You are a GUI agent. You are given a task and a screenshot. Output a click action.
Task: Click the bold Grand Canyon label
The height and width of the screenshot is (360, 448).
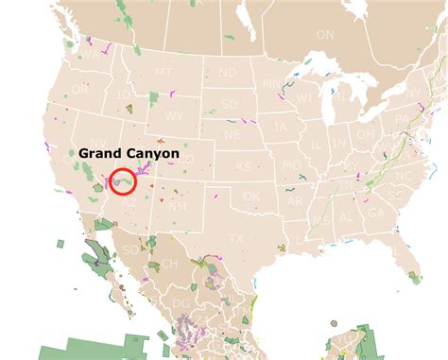[x=129, y=152]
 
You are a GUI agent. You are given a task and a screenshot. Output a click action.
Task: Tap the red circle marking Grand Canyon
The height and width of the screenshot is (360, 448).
[x=123, y=180]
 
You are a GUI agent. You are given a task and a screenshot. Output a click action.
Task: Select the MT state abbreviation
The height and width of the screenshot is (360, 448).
[x=164, y=72]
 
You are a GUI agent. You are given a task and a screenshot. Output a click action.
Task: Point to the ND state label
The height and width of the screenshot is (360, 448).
[x=228, y=73]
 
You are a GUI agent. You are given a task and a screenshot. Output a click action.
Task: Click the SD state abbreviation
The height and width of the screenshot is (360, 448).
[x=230, y=104]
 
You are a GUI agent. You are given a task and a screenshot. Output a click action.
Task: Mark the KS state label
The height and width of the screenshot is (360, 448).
[x=244, y=166]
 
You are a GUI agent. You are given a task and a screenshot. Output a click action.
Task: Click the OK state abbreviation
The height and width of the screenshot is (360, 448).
[x=251, y=196]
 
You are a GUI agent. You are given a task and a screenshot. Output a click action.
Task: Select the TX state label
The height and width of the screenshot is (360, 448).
[x=236, y=238]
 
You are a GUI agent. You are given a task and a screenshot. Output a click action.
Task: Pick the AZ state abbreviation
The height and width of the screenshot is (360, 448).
[x=129, y=202]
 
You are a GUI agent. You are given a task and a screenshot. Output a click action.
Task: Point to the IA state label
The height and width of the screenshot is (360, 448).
[x=281, y=126]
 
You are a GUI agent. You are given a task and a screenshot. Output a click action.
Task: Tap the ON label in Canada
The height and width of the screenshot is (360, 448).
[x=325, y=34]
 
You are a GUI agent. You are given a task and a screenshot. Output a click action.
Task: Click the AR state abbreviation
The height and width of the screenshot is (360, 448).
[x=295, y=201]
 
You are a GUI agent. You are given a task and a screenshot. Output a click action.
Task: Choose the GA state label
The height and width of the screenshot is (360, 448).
[x=375, y=214]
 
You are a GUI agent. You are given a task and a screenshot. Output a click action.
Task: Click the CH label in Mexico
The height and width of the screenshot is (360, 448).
[x=169, y=263]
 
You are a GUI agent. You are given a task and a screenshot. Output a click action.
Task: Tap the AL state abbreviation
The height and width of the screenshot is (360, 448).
[x=347, y=216]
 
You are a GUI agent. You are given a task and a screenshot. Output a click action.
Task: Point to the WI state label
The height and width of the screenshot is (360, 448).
[x=303, y=97]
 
